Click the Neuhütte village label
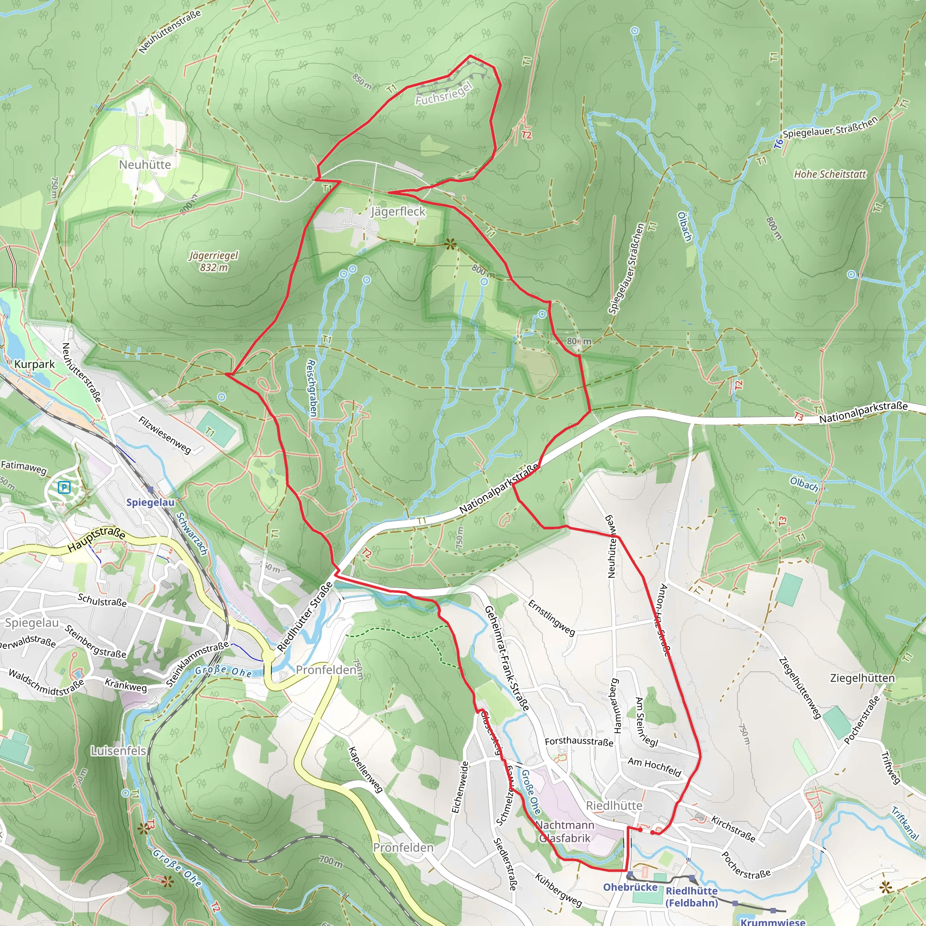[145, 165]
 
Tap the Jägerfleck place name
[398, 211]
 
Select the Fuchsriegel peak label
[444, 94]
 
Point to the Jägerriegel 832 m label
[214, 261]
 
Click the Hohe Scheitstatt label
[830, 175]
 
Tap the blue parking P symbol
[64, 488]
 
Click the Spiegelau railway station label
[150, 502]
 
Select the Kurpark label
[34, 364]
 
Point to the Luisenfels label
[118, 751]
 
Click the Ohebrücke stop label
[630, 887]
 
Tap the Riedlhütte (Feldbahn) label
[692, 897]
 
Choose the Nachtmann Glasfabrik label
[565, 832]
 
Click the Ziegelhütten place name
[862, 678]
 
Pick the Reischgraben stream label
[312, 388]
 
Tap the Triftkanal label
[904, 823]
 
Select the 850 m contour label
[362, 81]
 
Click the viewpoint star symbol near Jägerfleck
[449, 245]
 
